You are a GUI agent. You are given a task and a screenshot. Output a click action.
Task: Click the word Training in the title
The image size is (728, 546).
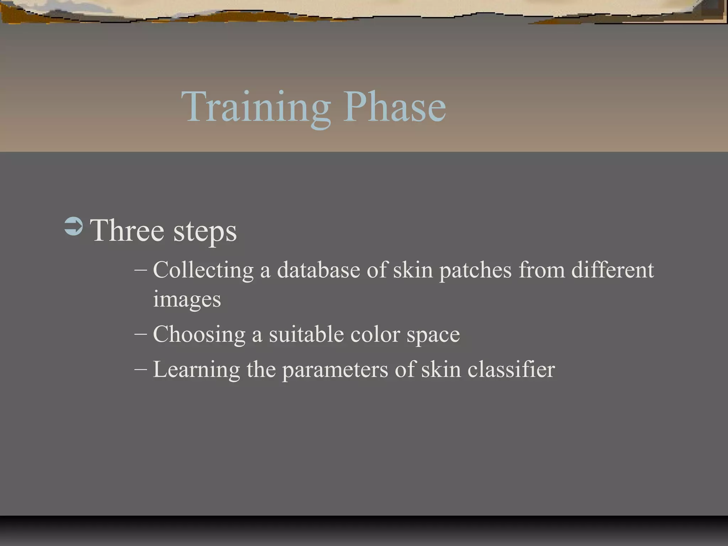pyautogui.click(x=256, y=107)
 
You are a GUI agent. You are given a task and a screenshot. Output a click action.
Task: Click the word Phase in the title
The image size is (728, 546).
pyautogui.click(x=394, y=107)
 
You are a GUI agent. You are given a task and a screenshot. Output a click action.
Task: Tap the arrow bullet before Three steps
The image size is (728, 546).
pyautogui.click(x=74, y=226)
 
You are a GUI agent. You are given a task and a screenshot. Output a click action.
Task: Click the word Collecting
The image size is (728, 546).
pyautogui.click(x=203, y=270)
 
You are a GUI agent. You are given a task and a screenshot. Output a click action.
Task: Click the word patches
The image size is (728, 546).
pyautogui.click(x=475, y=270)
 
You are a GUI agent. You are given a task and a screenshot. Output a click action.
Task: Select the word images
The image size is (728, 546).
pyautogui.click(x=187, y=299)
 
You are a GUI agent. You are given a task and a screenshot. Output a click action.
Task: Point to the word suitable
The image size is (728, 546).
pyautogui.click(x=306, y=334)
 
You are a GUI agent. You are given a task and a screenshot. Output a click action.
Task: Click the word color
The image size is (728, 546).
pyautogui.click(x=375, y=334)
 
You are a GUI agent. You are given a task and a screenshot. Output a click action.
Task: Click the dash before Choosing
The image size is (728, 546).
pyautogui.click(x=141, y=334)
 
